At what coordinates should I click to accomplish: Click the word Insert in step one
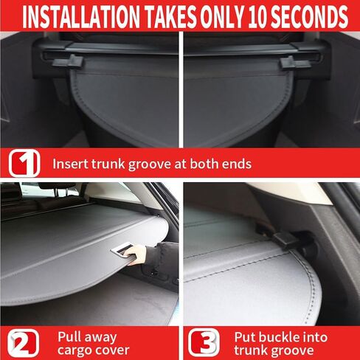[72, 164]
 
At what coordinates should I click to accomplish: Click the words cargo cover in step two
[93, 350]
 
